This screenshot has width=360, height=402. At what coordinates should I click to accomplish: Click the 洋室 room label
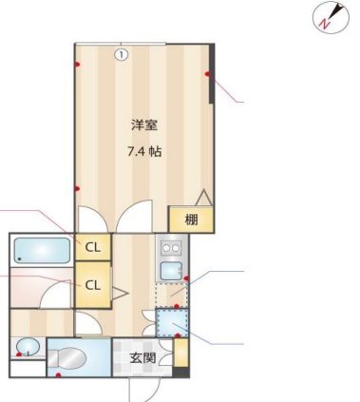click(x=144, y=125)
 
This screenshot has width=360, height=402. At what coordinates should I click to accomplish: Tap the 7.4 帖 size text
click(x=144, y=152)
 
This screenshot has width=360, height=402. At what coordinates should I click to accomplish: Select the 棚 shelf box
click(x=191, y=220)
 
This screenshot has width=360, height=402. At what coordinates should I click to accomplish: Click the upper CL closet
click(x=93, y=247)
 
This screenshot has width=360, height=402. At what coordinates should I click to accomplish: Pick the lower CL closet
click(x=93, y=285)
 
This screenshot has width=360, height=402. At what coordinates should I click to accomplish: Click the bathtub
click(x=42, y=250)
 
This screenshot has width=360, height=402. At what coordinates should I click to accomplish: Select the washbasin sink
click(x=28, y=347)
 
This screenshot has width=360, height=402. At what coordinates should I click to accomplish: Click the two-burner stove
click(x=171, y=248)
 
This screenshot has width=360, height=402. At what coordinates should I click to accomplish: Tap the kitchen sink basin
click(x=171, y=271)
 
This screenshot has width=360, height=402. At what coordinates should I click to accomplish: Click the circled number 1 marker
click(x=121, y=55)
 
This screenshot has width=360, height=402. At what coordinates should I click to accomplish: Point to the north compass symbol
click(x=332, y=16)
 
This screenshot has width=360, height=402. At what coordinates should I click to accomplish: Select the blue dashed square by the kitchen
click(x=172, y=322)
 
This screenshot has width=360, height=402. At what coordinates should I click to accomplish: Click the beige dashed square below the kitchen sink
click(x=171, y=296)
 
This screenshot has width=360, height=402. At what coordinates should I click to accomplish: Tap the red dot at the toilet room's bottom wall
click(x=58, y=375)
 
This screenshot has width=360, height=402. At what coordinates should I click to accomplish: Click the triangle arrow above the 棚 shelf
click(x=203, y=197)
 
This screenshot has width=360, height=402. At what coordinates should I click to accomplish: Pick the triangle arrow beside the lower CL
click(x=120, y=294)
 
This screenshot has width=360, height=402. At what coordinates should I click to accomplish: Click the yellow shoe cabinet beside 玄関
click(x=181, y=353)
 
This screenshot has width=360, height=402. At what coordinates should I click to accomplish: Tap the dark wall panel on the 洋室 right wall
click(x=212, y=73)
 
